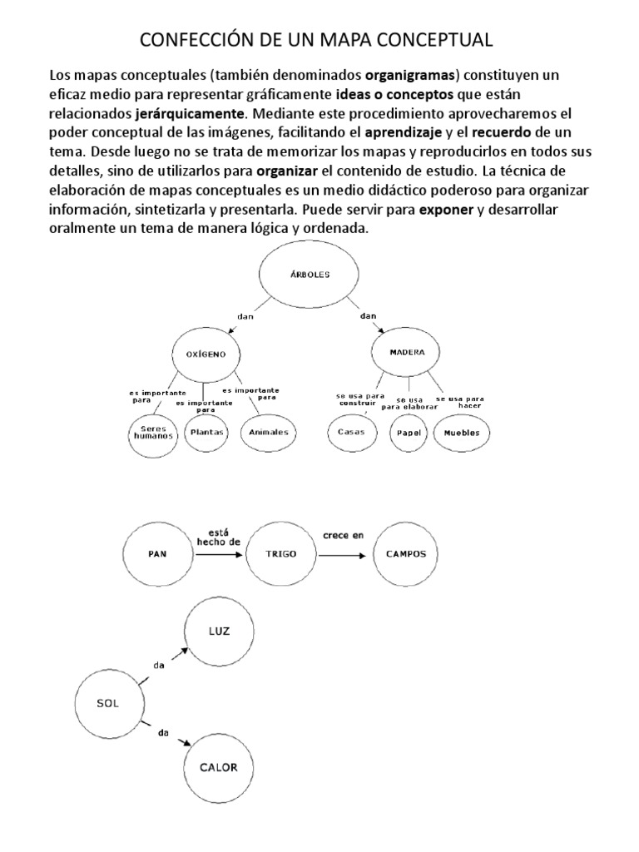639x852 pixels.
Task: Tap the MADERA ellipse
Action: (x=407, y=353)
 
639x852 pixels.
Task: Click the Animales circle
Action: (x=269, y=432)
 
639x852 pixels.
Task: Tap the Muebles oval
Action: (x=461, y=433)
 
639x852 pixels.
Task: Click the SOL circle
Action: (x=107, y=704)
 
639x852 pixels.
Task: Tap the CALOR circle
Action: (x=218, y=768)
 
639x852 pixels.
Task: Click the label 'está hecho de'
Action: (x=218, y=535)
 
